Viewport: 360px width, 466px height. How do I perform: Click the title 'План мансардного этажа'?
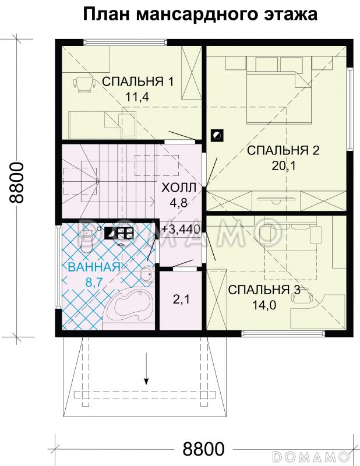coord(200,14)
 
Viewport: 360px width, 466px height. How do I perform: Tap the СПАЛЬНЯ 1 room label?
coord(137,81)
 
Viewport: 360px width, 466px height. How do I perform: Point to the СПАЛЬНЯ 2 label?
coord(283,151)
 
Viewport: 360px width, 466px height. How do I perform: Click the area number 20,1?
coord(283,166)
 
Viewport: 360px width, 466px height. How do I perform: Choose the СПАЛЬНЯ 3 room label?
coord(264,290)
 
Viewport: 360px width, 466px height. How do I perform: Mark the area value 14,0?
coord(264,305)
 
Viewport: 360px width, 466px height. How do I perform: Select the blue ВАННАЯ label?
coord(94,267)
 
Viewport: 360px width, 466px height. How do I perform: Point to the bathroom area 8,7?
coord(93,283)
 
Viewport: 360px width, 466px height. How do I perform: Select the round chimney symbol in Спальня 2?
coord(216,135)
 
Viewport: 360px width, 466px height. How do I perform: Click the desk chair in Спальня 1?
coord(85,86)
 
